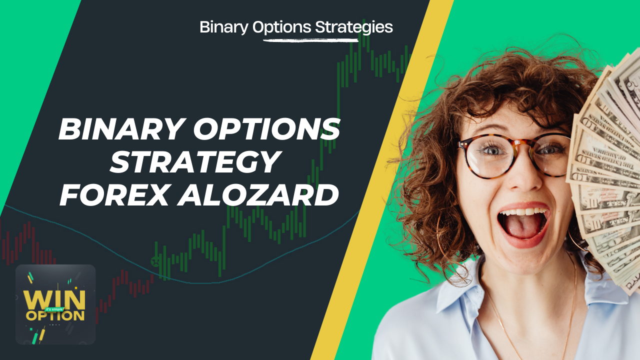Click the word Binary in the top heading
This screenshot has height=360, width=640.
(x=223, y=27)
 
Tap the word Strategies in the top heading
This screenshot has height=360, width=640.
(x=354, y=27)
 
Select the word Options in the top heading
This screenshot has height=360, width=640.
(x=281, y=27)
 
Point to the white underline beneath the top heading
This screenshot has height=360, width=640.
(x=310, y=40)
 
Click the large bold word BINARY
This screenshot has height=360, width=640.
(x=121, y=129)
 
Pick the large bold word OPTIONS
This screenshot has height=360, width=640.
(x=267, y=129)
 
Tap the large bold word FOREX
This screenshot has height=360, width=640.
(x=113, y=195)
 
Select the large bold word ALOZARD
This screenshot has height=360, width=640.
(x=257, y=195)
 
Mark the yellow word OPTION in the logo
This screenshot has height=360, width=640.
(x=55, y=315)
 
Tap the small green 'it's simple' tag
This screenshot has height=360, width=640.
(x=54, y=309)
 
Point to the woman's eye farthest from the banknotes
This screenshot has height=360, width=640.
(x=492, y=149)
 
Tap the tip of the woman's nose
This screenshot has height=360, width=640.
(x=525, y=183)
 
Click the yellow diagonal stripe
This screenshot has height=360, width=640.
(x=381, y=180)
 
